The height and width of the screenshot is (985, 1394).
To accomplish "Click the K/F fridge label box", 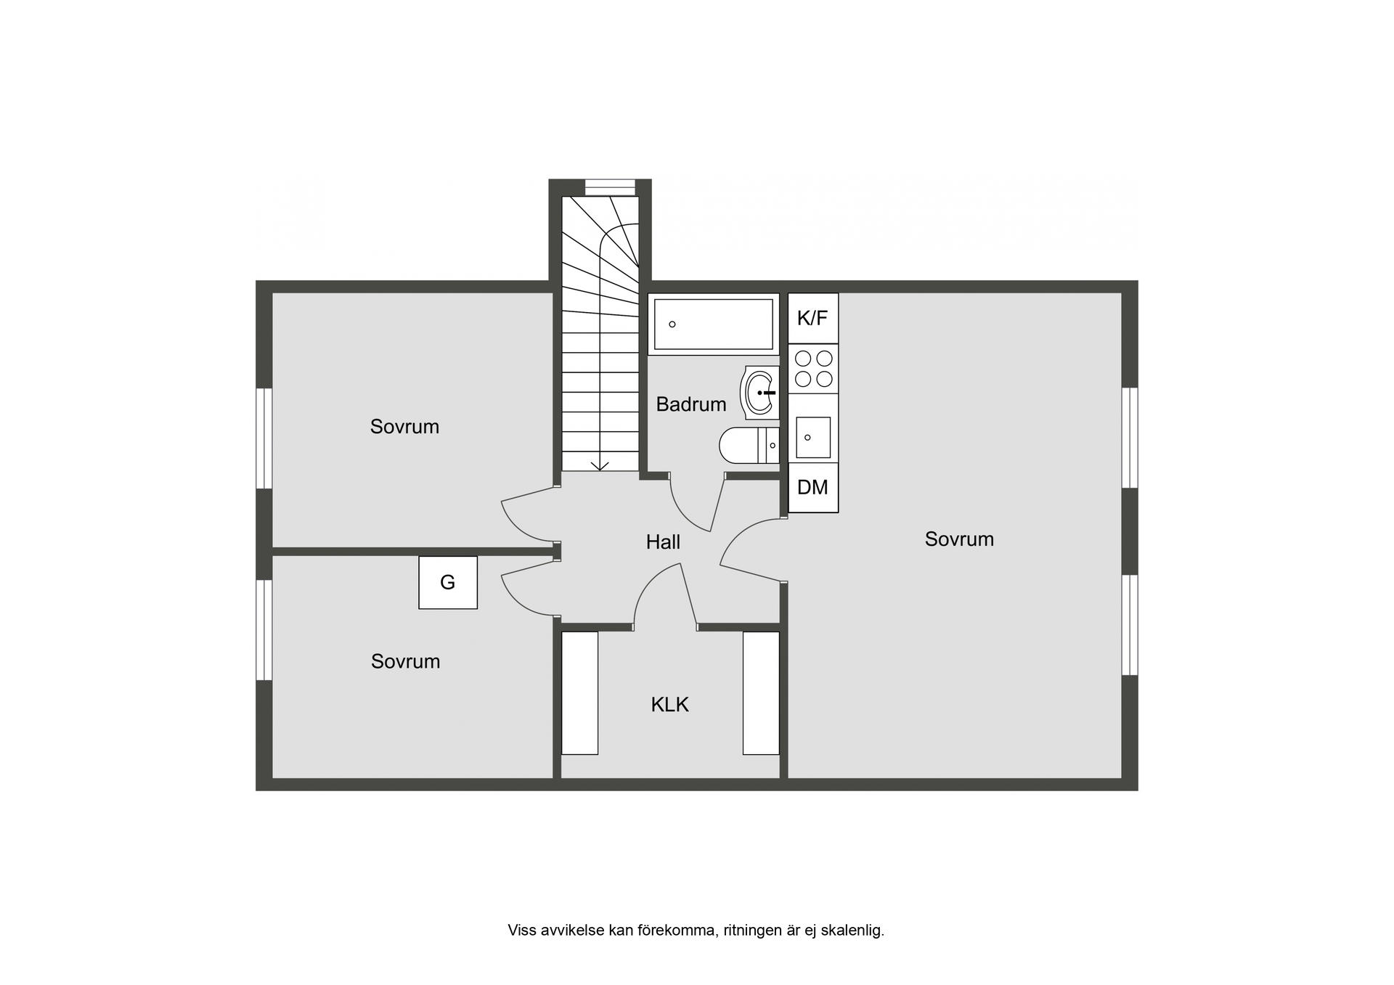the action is click(x=813, y=319).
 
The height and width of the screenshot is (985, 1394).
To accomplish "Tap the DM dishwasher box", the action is click(x=813, y=488).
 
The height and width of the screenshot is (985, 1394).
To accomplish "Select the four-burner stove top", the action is click(x=813, y=369).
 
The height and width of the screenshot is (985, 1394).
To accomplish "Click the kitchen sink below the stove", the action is click(x=813, y=437).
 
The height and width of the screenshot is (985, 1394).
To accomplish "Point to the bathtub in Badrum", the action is click(x=714, y=324).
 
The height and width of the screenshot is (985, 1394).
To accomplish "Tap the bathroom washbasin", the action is click(x=759, y=392).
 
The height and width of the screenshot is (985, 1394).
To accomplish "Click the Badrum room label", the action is click(x=691, y=404).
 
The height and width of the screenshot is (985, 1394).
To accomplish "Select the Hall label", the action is click(x=663, y=542).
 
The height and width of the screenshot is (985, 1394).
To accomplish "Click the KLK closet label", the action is click(x=669, y=705).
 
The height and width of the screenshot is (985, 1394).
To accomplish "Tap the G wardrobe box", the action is click(x=448, y=582).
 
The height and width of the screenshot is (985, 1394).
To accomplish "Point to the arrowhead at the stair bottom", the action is click(x=600, y=465).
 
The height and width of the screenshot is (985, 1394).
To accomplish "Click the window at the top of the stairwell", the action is click(x=610, y=187).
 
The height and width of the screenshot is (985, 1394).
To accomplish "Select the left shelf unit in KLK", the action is click(x=580, y=693).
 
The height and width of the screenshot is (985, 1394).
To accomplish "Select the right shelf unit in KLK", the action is click(x=761, y=693).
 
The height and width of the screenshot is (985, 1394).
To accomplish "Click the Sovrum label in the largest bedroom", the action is click(x=959, y=539).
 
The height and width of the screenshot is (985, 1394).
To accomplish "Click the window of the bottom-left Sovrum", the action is click(x=264, y=630).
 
